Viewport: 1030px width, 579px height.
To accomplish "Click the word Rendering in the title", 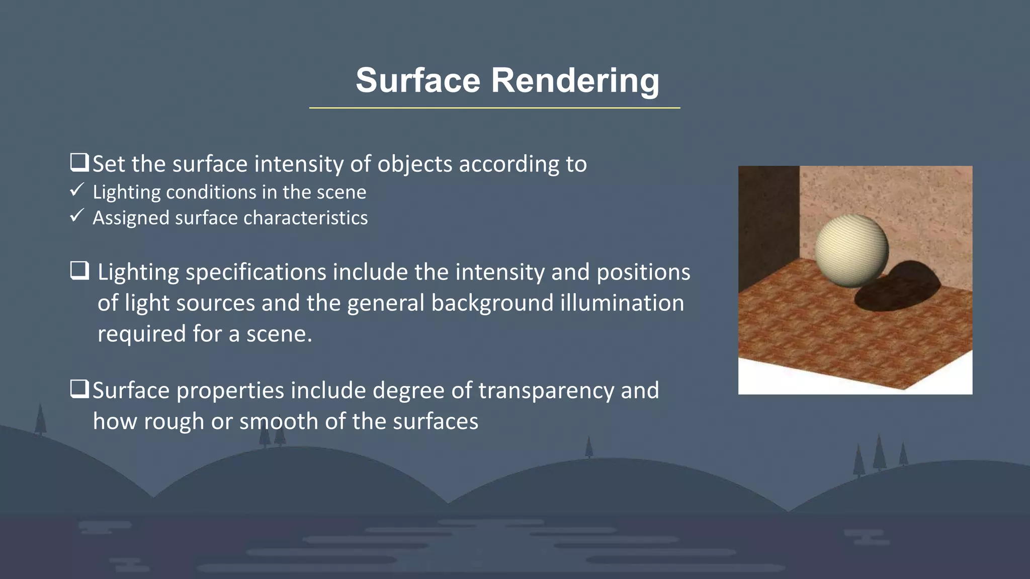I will point(574,80).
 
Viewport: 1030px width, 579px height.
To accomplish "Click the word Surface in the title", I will point(418,80).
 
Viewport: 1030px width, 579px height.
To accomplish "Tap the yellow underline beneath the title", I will point(494,108).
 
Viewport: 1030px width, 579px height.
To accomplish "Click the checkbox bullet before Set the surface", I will point(79,162).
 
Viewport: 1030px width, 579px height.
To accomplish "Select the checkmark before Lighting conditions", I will point(76,190).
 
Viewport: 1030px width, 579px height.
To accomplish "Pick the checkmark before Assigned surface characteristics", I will point(76,216).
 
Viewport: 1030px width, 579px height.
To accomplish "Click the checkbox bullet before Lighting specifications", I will point(79,270).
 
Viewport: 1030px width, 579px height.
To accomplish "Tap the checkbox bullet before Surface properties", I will point(79,389).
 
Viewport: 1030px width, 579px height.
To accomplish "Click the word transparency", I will point(546,391).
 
